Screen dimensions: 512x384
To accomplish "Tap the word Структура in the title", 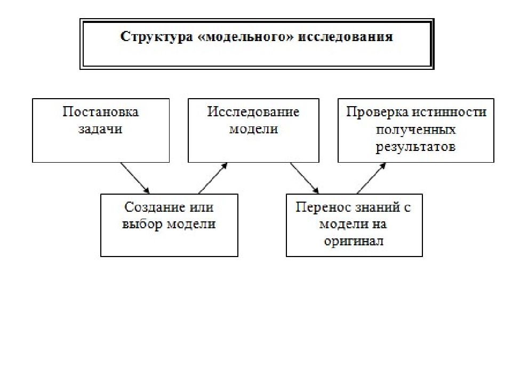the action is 156,37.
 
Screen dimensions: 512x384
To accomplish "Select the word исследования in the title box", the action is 346,36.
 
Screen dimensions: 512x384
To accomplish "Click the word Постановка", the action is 101,111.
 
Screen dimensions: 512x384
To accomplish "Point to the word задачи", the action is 101,129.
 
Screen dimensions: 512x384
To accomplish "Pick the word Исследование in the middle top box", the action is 253,111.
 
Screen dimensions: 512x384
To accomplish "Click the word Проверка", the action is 377,112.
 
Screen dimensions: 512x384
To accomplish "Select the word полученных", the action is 415,130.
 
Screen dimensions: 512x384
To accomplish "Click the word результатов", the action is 415,146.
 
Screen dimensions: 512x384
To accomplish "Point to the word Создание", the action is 151,207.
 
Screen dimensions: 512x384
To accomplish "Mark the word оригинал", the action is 354,242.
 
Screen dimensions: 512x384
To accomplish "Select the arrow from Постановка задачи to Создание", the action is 135,178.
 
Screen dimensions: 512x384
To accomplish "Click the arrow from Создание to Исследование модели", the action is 213,178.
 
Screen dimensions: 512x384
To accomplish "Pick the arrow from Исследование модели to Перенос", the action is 305,178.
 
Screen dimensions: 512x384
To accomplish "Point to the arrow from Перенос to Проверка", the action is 372,178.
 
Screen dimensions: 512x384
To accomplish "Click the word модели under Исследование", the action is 254,129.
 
